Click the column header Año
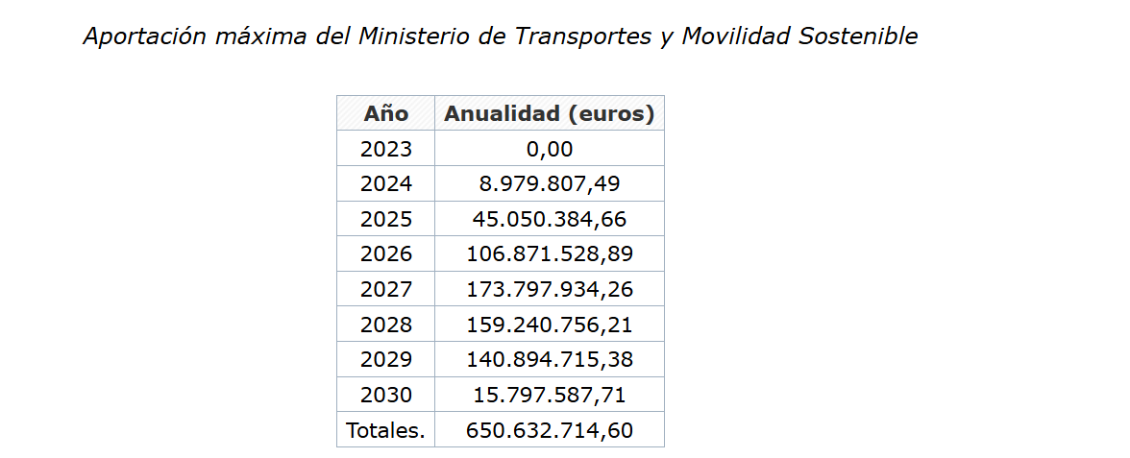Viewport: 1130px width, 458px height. point(385,113)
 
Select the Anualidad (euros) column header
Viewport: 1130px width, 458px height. point(549,113)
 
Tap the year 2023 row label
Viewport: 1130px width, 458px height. point(385,149)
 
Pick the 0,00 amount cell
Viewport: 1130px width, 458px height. point(549,149)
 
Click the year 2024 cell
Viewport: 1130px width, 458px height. point(385,183)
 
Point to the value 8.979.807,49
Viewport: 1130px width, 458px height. point(549,183)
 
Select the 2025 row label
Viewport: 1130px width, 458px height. point(385,219)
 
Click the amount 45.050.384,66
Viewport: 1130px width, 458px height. point(549,219)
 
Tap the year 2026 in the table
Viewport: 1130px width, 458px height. point(385,253)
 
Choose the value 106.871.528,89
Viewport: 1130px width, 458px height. point(549,253)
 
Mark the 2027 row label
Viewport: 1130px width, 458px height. point(385,289)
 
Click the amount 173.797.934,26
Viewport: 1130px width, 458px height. point(549,289)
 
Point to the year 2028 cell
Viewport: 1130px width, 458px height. point(385,325)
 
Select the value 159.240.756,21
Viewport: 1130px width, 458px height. point(549,325)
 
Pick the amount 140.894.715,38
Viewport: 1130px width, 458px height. point(549,359)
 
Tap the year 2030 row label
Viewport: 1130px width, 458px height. point(385,395)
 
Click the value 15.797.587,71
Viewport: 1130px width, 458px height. point(549,395)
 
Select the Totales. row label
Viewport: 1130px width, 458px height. point(385,430)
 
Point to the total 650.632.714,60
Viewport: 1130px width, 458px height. point(549,430)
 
